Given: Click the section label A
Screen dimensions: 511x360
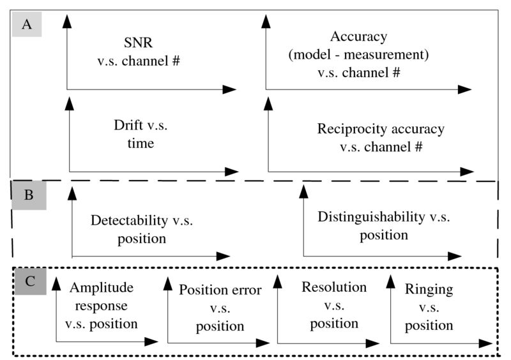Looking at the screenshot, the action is [27, 24].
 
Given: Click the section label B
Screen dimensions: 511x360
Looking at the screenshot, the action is [29, 195].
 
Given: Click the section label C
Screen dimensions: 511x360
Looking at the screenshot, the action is [30, 281].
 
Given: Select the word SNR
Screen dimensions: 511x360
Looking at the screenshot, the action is [138, 43].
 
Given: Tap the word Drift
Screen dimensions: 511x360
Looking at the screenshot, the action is [128, 125].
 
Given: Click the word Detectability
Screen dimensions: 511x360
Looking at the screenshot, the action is [129, 221].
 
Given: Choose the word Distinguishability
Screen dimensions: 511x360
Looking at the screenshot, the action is [371, 217].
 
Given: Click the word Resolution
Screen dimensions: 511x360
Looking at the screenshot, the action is [334, 287].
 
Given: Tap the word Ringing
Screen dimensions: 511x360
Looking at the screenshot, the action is [429, 290].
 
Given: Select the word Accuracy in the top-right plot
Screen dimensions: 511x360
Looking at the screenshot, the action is [358, 37].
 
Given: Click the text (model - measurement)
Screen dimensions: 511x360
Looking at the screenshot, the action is [358, 55].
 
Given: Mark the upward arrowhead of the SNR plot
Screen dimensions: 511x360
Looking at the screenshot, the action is [67, 21].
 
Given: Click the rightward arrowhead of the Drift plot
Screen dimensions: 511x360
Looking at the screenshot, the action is [232, 172].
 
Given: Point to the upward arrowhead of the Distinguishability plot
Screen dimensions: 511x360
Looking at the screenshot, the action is [304, 191].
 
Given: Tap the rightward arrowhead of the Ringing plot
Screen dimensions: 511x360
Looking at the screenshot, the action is [485, 343].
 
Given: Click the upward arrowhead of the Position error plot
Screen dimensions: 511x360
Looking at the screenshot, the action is [168, 284].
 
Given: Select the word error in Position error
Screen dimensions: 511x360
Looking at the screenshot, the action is [245, 290].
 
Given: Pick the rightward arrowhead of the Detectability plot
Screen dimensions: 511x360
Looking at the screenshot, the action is [224, 256].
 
